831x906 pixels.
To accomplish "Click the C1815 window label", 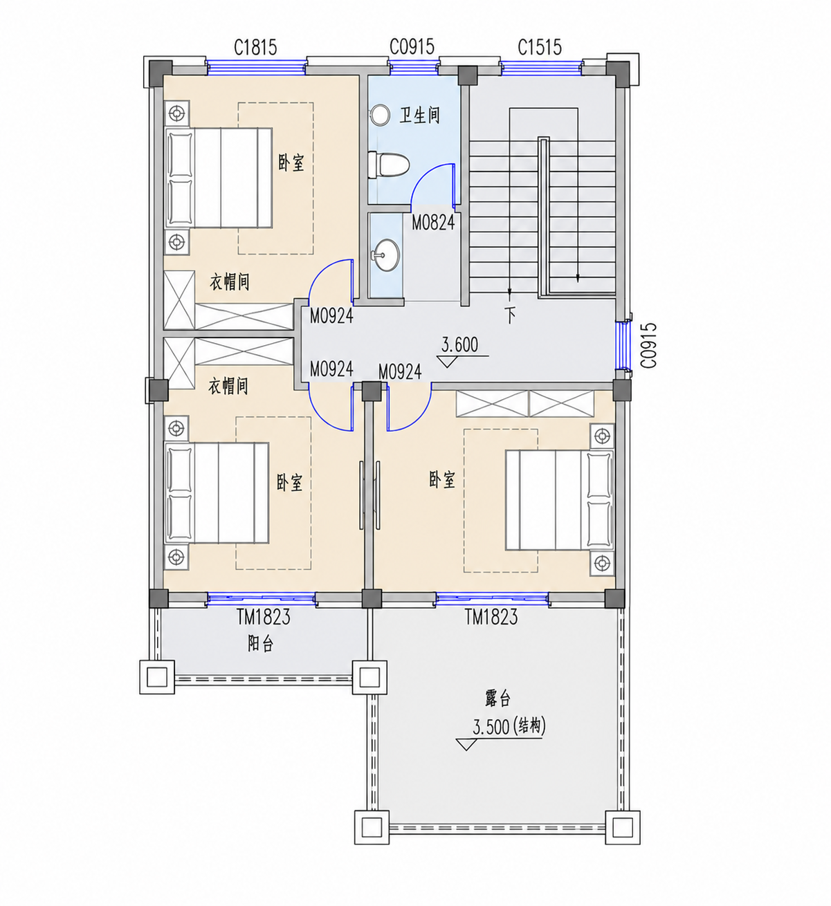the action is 255,48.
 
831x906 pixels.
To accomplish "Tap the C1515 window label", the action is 540,47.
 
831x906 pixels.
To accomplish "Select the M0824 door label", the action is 433,222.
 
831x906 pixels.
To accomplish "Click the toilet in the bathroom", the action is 389,165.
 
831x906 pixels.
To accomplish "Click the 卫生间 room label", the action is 420,115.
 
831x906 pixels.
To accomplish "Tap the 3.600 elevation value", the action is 459,344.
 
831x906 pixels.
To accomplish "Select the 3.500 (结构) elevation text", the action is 509,728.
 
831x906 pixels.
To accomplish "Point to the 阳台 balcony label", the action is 261,644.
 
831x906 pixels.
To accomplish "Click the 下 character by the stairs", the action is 510,315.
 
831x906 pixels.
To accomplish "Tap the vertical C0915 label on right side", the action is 648,345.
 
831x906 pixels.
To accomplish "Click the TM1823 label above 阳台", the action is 264,617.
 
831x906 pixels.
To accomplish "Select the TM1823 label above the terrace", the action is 492,617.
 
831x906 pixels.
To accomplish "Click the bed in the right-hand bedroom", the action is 560,500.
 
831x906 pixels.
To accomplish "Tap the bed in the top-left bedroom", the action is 219,178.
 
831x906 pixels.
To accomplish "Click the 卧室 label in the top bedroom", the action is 291,163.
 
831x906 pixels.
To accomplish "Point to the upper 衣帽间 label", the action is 230,282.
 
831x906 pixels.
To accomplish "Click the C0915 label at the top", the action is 412,46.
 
